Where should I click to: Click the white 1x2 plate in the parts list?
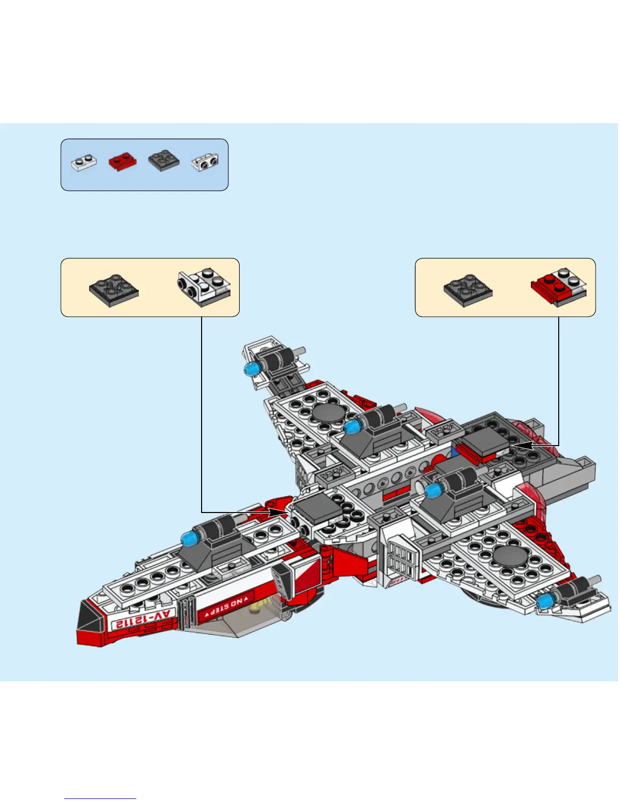[84, 163]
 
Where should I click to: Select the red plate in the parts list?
[122, 162]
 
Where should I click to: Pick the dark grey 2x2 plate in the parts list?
[164, 161]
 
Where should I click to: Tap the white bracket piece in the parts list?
[205, 162]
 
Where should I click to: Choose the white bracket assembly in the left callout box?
[204, 287]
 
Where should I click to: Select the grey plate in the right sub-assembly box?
[468, 290]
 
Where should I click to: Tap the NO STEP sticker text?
[227, 606]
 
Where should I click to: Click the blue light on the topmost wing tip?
[250, 369]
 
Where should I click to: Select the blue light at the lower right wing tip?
[545, 602]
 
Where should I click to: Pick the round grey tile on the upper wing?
[328, 413]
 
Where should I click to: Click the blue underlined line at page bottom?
[100, 798]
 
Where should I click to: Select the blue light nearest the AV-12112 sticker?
[189, 538]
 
